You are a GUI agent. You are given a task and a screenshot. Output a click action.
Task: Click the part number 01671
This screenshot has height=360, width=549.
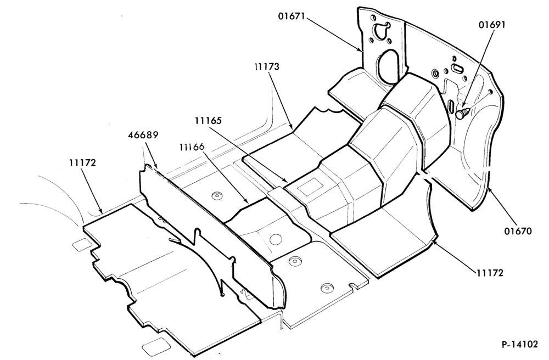(x=292, y=16)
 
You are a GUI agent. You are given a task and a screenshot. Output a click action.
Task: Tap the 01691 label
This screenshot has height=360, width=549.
(x=492, y=25)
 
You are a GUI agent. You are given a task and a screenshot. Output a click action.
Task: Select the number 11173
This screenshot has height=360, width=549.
(x=267, y=66)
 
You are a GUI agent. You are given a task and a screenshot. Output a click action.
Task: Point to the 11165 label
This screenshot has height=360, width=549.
(x=208, y=121)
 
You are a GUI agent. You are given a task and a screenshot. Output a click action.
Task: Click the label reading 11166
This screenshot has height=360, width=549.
(x=192, y=147)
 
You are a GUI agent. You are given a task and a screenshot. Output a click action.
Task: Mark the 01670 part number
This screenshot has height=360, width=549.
(x=518, y=231)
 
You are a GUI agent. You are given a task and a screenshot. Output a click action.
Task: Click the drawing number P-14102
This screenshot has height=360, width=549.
(x=519, y=344)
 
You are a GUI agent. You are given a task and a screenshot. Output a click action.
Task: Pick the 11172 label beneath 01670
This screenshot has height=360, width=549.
(x=490, y=273)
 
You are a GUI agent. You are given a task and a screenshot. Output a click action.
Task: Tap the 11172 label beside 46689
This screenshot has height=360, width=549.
(x=82, y=162)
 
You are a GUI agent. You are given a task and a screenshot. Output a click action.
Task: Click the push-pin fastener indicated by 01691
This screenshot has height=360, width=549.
(x=463, y=113)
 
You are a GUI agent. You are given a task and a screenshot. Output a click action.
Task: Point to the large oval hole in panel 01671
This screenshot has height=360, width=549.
(x=388, y=66)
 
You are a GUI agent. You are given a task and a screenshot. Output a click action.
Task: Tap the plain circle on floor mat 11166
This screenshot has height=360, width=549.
(x=276, y=239)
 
